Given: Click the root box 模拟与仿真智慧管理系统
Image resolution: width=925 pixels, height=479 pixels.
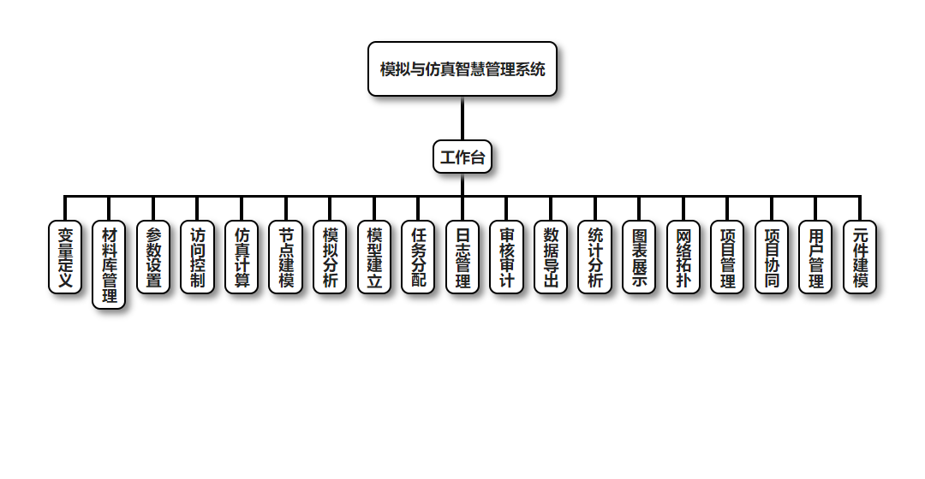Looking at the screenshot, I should pos(462,69).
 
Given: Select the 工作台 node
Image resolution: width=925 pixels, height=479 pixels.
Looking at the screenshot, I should pos(462,157).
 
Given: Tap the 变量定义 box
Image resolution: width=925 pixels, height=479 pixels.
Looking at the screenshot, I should pos(65,257).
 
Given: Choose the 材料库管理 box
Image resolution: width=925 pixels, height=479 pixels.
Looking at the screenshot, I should pos(109,265).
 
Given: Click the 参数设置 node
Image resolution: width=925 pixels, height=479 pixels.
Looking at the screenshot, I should pos(153,257).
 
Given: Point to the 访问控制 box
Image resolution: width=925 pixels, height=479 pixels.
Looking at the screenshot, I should pos(198,257).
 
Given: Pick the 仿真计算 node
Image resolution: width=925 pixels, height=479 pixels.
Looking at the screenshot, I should pos(242,257).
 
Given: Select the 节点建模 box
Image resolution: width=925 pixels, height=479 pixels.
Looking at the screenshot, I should pos(286,257).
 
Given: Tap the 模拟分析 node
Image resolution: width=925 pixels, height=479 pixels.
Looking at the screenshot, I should pos(330,257).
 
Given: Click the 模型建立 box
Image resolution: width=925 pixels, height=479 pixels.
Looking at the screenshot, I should pos(374,257).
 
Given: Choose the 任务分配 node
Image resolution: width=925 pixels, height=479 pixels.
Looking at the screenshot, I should pos(418,257).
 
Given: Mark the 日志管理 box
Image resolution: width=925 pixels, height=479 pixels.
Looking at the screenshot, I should pos(462,257).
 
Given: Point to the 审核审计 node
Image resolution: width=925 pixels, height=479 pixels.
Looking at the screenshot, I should pos(507,257).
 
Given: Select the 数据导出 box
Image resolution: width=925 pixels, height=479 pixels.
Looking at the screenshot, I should pos(551,257).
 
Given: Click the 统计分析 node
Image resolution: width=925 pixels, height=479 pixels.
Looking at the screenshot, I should pos(595,257).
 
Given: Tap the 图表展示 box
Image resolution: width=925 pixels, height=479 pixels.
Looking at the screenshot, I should pos(639,257).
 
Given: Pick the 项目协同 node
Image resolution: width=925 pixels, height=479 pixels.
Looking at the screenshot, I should pos(772,257).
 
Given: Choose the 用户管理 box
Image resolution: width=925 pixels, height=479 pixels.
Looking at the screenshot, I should pos(816,257).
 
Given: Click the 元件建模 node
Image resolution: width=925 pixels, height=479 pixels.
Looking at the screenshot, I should pos(860,257).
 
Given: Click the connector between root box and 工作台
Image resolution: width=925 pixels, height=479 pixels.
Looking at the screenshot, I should pos(462,119).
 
